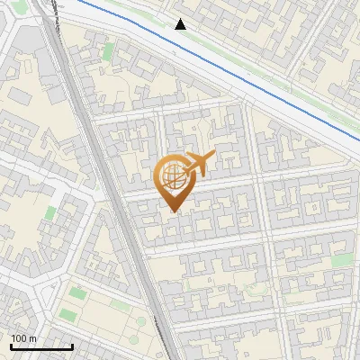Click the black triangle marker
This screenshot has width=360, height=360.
[181, 24]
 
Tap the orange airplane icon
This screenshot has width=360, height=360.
[196, 165]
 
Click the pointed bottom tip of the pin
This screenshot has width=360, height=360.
[173, 211]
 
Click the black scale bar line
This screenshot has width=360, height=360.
[41, 347]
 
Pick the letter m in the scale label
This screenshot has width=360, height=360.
[32, 339]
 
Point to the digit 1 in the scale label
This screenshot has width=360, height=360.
[13, 338]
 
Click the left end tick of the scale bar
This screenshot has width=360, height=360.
[11, 346]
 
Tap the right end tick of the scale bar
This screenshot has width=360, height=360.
[72, 346]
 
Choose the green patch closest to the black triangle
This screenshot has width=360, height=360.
[108, 51]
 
